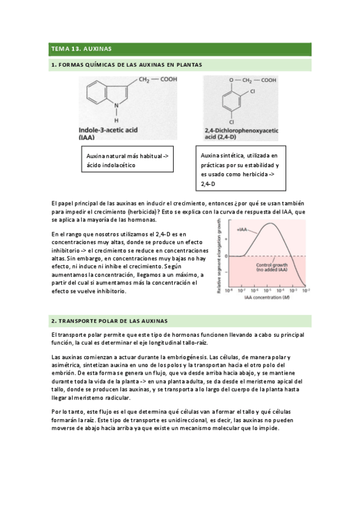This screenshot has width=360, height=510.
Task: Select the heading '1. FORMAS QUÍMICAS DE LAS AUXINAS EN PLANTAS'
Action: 126,64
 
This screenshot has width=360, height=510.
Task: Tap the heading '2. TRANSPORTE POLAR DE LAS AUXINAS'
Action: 109,321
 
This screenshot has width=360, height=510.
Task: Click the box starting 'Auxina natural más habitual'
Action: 127,160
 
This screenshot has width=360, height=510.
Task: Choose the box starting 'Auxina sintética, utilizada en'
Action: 240,169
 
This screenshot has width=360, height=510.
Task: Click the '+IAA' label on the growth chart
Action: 243,230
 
